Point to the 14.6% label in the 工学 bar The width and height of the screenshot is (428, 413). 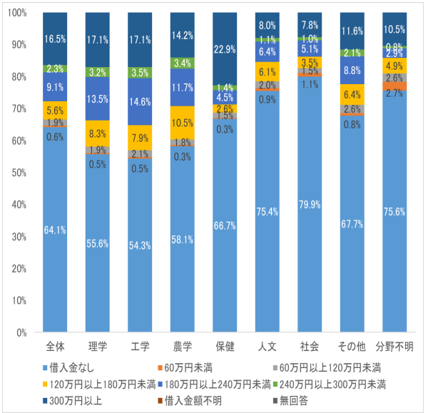[140, 101]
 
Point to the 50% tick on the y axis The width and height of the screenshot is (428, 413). [19, 173]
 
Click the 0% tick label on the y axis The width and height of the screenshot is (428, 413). [21, 332]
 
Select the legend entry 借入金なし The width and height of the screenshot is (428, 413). [72, 367]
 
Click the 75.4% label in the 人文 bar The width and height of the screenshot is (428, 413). [267, 211]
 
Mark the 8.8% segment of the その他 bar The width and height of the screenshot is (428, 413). [352, 71]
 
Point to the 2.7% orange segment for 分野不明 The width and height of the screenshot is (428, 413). [395, 86]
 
